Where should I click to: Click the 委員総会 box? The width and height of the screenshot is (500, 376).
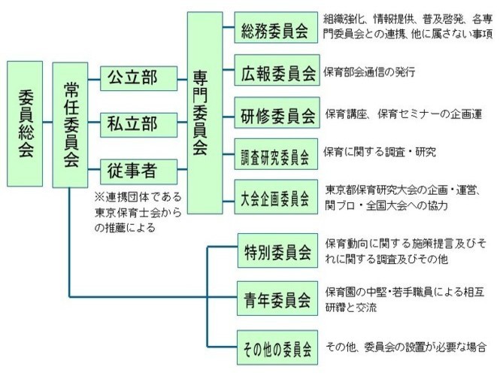(x=25, y=124)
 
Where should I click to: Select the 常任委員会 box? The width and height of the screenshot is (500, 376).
(x=70, y=125)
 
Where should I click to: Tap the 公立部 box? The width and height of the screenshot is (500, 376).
(x=138, y=78)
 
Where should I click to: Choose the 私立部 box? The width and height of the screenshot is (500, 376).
(x=138, y=125)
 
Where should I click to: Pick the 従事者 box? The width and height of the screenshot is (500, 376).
(x=138, y=172)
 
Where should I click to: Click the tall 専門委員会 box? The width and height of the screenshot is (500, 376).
(x=205, y=113)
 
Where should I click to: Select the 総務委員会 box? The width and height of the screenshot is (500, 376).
(x=276, y=27)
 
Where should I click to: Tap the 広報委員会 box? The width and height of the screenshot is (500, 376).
(x=277, y=70)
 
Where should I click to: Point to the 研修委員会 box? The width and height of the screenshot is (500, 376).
(x=277, y=113)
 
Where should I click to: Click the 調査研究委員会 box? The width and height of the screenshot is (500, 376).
(x=276, y=154)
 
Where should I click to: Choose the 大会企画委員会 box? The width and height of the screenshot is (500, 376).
(x=276, y=197)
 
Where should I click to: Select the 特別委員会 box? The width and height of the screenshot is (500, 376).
(x=277, y=250)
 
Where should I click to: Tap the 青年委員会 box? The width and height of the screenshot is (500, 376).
(x=277, y=299)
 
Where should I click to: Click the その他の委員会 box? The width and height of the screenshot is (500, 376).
(x=277, y=347)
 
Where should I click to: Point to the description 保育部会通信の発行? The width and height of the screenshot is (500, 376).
(x=370, y=71)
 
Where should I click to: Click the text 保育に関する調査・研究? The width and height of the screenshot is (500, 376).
(x=380, y=152)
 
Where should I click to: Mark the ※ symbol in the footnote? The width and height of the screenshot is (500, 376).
(x=99, y=197)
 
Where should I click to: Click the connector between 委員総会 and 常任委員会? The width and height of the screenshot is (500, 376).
(x=47, y=122)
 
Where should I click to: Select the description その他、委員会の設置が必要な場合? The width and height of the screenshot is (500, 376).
(x=406, y=347)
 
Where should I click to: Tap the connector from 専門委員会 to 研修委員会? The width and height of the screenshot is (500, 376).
(x=229, y=117)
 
